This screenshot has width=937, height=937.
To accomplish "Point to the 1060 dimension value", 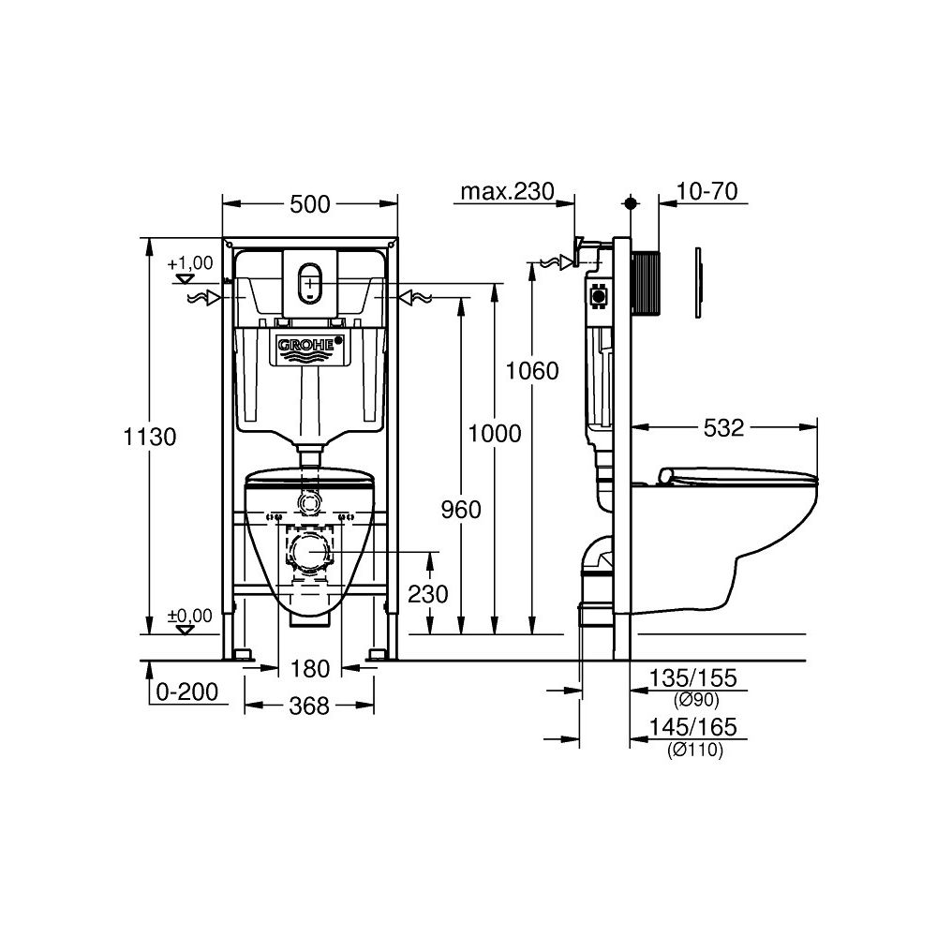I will click(x=531, y=370).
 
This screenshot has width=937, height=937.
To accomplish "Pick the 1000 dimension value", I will click(x=495, y=433).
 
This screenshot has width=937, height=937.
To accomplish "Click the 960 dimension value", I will click(x=460, y=509).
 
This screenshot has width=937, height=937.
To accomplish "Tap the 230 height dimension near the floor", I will click(x=429, y=593).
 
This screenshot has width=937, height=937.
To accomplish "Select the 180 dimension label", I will click(x=310, y=668).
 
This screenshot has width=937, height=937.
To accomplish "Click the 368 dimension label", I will click(x=310, y=706).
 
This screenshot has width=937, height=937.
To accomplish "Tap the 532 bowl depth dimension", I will click(x=723, y=427).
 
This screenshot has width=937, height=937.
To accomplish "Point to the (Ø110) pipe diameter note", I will click(x=695, y=749).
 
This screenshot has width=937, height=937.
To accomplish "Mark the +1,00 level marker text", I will click(x=191, y=263).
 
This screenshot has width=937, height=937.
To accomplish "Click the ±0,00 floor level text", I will click(x=190, y=615).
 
